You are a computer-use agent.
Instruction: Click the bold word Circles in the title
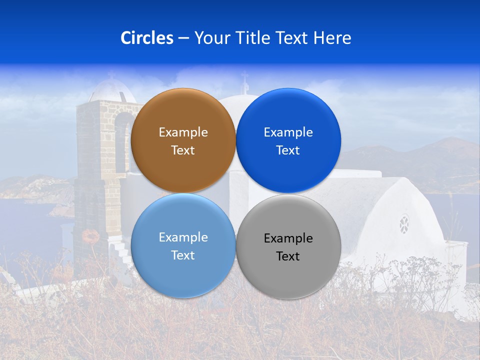147,38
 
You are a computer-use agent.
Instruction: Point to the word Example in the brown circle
183,132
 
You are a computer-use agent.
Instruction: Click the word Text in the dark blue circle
288,150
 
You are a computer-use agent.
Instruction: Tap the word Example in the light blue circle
183,237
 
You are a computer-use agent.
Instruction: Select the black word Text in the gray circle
288,256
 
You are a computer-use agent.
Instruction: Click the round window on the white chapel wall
404,224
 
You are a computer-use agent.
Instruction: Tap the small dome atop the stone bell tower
111,90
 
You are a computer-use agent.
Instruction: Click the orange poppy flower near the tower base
90,235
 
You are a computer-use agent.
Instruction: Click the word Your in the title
210,38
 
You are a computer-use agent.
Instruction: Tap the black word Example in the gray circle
288,238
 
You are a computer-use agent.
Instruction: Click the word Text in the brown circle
183,150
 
